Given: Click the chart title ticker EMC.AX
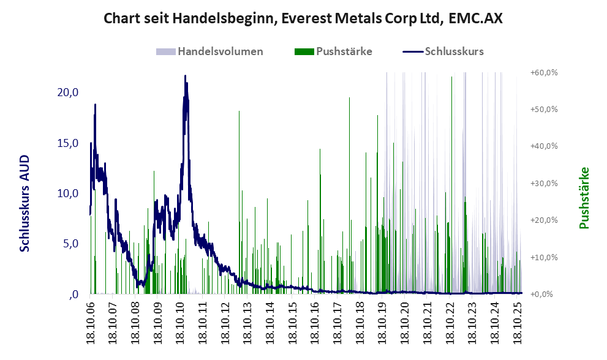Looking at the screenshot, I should [x=475, y=18].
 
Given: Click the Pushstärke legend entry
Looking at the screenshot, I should [x=344, y=51].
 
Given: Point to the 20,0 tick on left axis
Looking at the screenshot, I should [x=67, y=92].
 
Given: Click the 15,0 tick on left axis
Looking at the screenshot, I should [x=67, y=143].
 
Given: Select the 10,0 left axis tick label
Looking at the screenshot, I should [x=67, y=193].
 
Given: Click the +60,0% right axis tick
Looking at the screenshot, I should [x=544, y=72].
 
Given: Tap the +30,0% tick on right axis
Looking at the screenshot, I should [x=544, y=183].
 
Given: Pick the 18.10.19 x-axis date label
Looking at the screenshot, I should [x=382, y=321].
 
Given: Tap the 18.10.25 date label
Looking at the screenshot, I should [x=516, y=321].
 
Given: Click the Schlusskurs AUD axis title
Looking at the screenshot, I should [x=25, y=204].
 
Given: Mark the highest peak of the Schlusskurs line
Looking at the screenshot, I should [x=185, y=76].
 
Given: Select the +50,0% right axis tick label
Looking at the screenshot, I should [x=544, y=109].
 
